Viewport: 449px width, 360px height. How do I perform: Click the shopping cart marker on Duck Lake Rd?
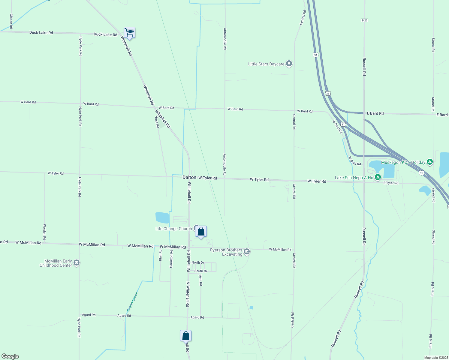click(x=129, y=32)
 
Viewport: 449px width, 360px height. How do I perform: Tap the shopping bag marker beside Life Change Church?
click(x=201, y=232)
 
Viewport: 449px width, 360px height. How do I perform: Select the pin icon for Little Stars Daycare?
click(x=289, y=64)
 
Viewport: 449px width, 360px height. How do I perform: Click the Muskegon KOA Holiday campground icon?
click(x=430, y=162)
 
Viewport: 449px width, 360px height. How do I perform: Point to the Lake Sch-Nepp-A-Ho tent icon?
click(x=378, y=177)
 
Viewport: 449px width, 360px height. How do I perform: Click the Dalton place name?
click(x=189, y=177)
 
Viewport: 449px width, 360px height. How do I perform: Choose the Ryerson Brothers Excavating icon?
click(x=247, y=251)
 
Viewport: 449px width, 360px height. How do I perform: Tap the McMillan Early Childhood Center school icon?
click(x=77, y=263)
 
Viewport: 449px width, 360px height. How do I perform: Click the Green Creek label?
click(x=132, y=301)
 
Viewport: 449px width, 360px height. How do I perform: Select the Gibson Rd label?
click(x=11, y=21)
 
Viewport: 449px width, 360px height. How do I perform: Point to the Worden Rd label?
click(x=44, y=232)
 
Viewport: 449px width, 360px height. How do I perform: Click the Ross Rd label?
click(x=157, y=122)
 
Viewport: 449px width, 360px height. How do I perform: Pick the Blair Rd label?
click(x=161, y=255)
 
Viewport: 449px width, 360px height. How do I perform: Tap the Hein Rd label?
click(x=200, y=280)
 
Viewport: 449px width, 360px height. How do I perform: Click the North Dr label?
click(x=198, y=262)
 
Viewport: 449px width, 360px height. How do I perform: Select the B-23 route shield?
click(x=364, y=20)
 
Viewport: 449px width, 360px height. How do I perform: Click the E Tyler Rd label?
click(x=391, y=183)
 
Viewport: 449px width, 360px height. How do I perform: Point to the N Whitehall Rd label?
click(x=188, y=294)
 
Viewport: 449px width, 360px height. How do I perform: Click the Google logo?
click(x=10, y=356)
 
